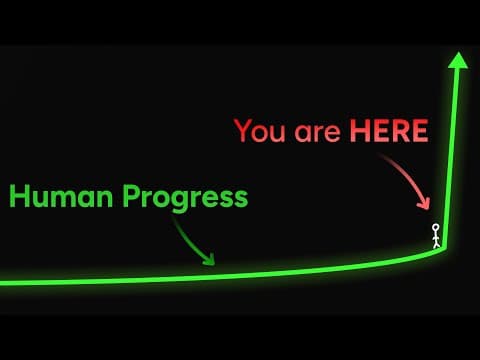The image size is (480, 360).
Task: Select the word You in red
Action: (258, 131)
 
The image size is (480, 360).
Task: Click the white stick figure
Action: (435, 237)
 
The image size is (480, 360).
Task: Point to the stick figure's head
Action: (435, 229)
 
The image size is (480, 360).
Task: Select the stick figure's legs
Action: (435, 244)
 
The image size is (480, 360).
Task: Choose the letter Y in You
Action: (243, 131)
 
